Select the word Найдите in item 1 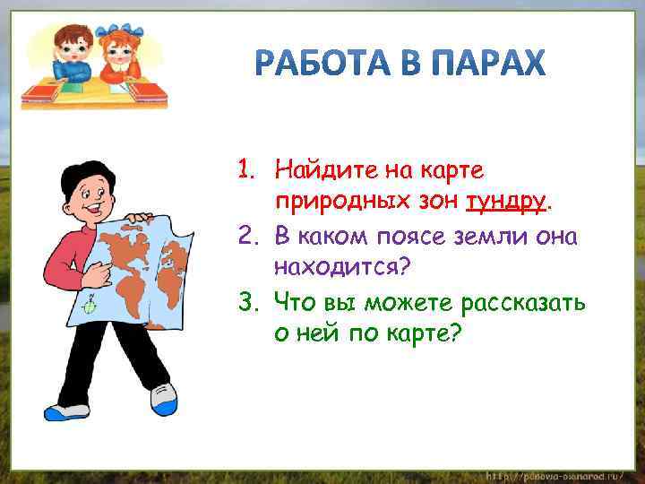[x=318, y=169]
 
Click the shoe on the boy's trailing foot [x=66, y=411]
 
